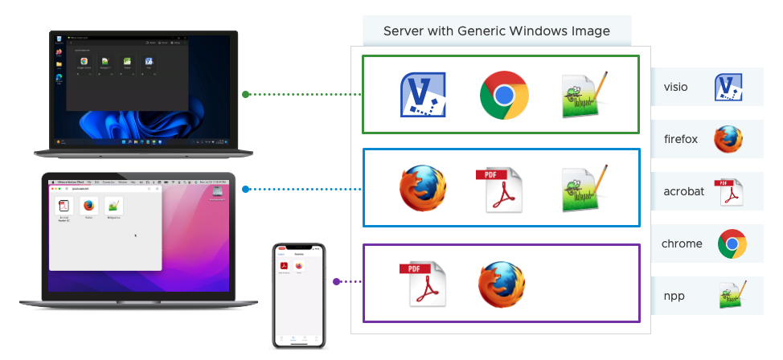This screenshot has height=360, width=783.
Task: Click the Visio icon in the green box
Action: pos(423,95)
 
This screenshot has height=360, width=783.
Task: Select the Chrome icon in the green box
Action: pos(504,95)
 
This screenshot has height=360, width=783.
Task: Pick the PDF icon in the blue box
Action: pos(498,189)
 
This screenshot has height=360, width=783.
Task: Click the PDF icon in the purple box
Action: pos(422,284)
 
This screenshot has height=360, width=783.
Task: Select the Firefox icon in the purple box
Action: pos(502,284)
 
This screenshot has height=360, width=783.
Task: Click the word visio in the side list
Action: pos(675,88)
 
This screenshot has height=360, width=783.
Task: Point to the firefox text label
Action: pos(681,139)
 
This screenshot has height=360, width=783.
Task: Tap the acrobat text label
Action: pos(683,191)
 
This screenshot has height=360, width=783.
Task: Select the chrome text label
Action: pos(682,243)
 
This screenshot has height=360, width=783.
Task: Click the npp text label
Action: pos(674,296)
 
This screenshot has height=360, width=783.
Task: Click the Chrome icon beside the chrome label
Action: pos(732,243)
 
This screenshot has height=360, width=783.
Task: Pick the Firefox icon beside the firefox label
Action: pos(728,139)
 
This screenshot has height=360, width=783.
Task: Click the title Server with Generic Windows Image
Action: pos(496,31)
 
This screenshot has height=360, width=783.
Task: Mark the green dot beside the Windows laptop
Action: pos(245,94)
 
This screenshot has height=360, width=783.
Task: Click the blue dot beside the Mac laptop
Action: pos(245,190)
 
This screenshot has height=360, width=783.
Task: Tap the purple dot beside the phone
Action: pos(336,281)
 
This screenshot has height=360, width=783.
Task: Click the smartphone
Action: pos(299,295)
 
